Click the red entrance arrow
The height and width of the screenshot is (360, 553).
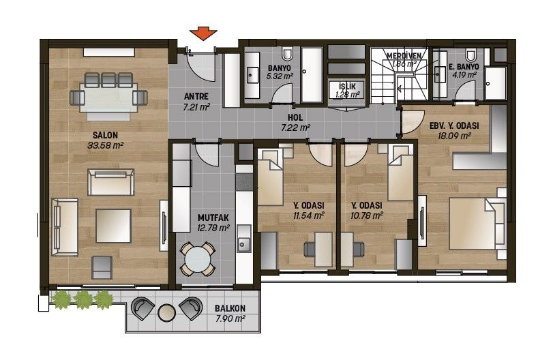coord(203,33)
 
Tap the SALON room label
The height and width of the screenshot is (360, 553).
coord(105,135)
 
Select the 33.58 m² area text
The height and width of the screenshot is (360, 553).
coord(105,145)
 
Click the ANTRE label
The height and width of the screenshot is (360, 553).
coord(196,96)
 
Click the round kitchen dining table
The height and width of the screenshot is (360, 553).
coord(198,259)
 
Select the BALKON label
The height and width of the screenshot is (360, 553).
coord(230,308)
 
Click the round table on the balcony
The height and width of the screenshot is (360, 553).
coord(166,312)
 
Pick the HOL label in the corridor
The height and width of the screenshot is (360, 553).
coord(295,118)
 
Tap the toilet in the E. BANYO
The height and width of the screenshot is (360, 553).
coord(470,55)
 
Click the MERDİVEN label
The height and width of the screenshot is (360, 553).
coord(404,56)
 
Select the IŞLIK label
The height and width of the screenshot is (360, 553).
coord(347,87)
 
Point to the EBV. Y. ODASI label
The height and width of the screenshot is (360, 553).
coord(454,126)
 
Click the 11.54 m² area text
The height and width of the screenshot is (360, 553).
coord(309,215)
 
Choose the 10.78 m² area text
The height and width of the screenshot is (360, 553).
coord(367,215)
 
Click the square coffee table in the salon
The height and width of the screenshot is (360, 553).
coord(113,226)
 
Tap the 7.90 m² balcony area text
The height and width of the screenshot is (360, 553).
coord(230,319)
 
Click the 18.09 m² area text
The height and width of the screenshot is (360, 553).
coord(454,136)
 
